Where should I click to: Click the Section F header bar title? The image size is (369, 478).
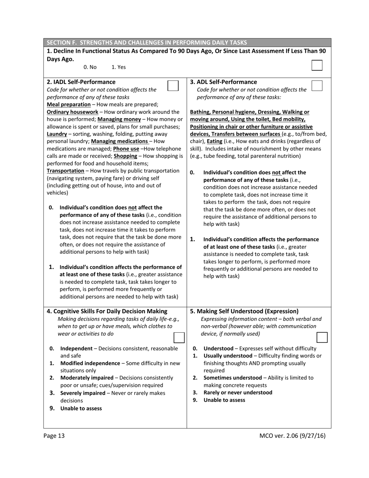tap(146, 42)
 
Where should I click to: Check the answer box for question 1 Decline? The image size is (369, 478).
tap(317, 65)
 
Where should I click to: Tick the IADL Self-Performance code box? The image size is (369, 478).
tap(173, 85)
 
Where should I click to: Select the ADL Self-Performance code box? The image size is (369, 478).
tap(317, 85)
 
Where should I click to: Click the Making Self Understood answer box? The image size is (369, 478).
tap(322, 337)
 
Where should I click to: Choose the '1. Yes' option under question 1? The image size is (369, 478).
tap(118, 67)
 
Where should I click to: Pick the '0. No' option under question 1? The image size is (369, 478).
tap(90, 67)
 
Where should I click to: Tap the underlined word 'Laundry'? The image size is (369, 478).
tap(57, 134)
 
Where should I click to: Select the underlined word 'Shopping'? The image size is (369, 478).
tap(125, 156)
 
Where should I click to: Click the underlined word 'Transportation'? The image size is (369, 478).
tap(65, 171)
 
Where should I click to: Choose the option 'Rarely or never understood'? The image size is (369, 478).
tap(238, 393)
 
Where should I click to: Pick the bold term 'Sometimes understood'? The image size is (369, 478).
tap(231, 378)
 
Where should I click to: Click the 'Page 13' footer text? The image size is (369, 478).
tap(54, 436)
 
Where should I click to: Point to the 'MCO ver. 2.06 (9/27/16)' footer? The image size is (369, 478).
tap(292, 436)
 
